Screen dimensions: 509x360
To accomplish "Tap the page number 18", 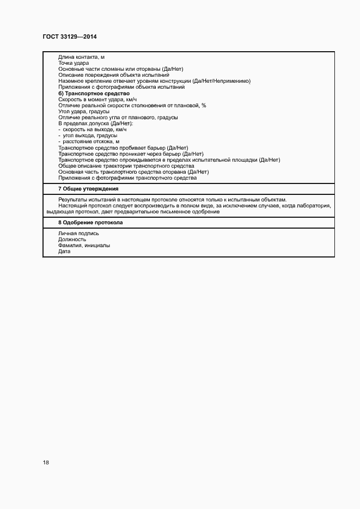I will pyautogui.click(x=46, y=462).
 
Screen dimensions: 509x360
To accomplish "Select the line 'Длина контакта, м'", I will pyautogui.click(x=82, y=57).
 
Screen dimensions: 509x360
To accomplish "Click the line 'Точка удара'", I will pyautogui.click(x=74, y=63).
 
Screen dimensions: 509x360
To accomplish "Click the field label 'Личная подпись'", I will pyautogui.click(x=78, y=234).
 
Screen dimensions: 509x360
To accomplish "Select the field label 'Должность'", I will pyautogui.click(x=72, y=240).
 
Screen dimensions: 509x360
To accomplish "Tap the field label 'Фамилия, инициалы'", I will pyautogui.click(x=84, y=246).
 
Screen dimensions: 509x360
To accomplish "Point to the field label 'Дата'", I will pyautogui.click(x=64, y=252).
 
